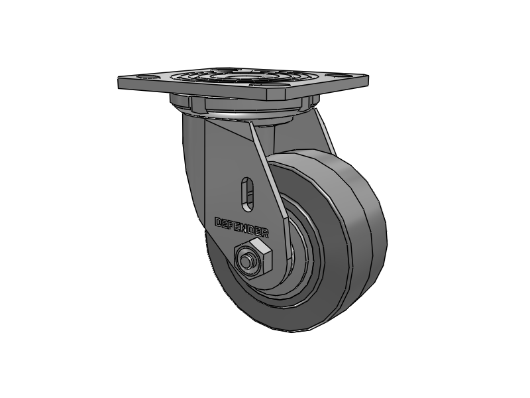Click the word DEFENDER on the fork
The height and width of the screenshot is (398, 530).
point(242,227)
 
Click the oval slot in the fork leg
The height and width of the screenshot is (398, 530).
point(248,191)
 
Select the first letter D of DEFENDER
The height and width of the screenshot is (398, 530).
point(219,222)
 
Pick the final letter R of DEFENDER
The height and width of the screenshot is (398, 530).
point(266,233)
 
